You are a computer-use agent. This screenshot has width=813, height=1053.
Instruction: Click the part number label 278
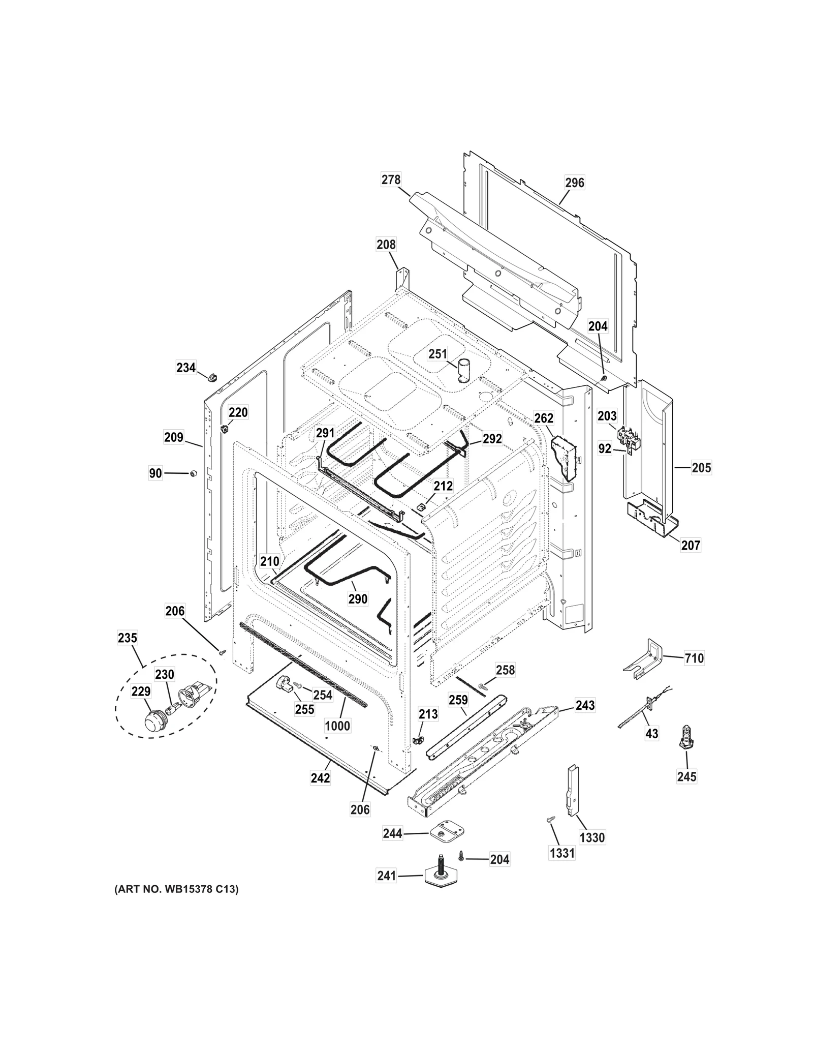click(391, 179)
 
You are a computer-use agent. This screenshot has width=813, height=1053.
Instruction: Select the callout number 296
click(575, 182)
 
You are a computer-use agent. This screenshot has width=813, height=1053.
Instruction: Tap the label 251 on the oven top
click(437, 353)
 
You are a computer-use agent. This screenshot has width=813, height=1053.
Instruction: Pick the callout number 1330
click(592, 837)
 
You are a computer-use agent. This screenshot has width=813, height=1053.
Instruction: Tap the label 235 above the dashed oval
click(127, 638)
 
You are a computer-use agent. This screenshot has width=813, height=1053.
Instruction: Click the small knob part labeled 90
click(193, 474)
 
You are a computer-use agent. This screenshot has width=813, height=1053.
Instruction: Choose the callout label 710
click(694, 658)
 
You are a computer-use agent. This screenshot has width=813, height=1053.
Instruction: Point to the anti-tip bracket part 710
click(644, 659)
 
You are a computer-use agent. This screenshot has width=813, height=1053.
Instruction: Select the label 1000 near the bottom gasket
click(337, 726)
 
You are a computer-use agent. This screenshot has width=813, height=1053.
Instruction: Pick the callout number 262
click(544, 418)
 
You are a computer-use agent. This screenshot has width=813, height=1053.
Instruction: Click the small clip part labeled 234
click(212, 376)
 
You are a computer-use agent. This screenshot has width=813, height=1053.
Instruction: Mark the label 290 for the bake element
click(358, 598)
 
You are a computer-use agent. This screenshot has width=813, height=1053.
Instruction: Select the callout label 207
click(691, 545)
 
